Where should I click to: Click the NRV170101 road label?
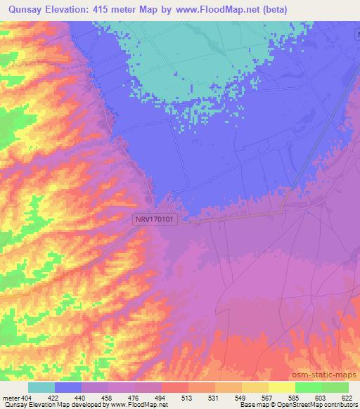(x=155, y=219)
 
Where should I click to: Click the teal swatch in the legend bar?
(x=41, y=387)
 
